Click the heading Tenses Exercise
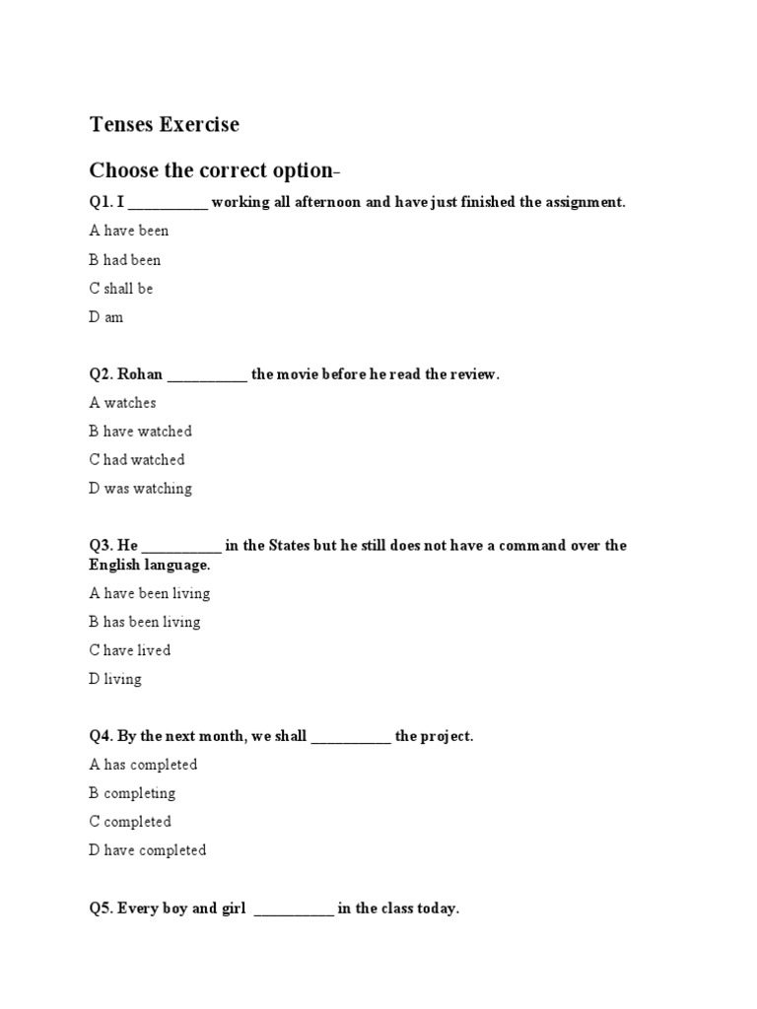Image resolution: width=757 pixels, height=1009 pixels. point(164,125)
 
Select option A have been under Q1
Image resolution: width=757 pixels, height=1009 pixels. point(129,231)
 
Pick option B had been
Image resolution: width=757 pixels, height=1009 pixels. point(125,260)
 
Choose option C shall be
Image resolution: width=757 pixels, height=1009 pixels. point(121,289)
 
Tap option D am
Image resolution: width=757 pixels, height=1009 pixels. point(106,317)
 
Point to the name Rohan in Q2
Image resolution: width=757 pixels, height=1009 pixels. point(140,374)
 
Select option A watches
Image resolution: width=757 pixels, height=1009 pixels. point(123,403)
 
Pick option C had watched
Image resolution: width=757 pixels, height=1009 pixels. point(137,460)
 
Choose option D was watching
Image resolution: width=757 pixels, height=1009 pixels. point(141,489)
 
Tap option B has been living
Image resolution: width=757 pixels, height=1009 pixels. point(145,622)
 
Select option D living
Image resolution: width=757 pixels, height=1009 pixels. point(115,679)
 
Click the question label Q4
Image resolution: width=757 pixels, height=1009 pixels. point(101,736)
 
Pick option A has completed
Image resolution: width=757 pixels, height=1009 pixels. point(144,765)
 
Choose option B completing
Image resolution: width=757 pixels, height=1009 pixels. point(132,793)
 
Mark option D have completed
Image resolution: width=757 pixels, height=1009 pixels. point(148,850)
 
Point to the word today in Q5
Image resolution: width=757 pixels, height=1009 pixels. point(437,908)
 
